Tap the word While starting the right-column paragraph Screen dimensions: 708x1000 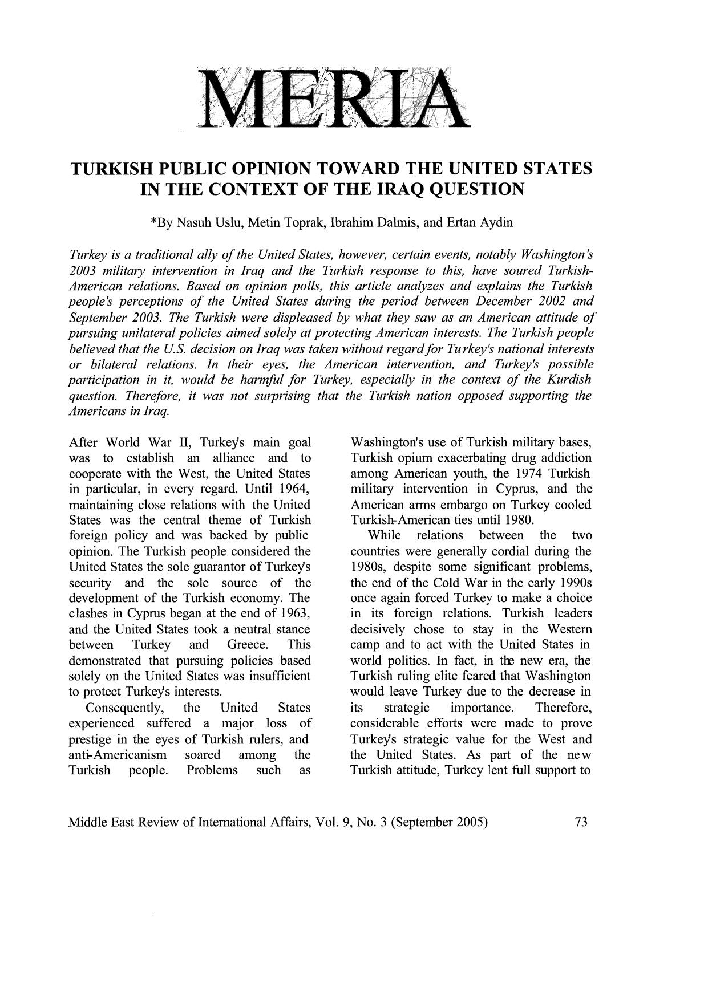[x=385, y=535]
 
